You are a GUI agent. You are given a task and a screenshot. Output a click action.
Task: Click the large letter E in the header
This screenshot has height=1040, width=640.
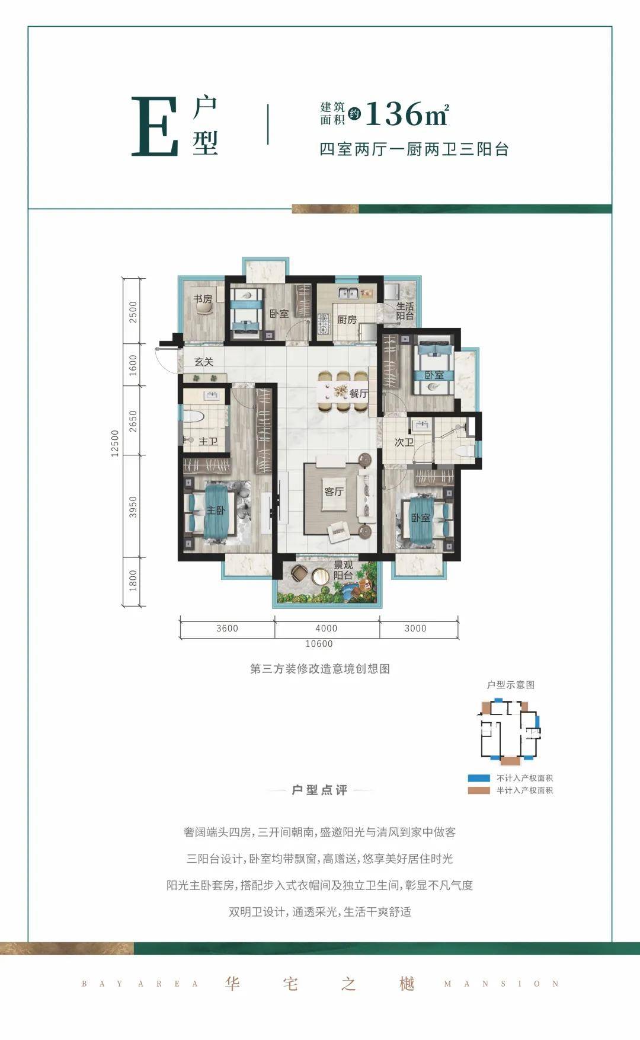[x=155, y=127]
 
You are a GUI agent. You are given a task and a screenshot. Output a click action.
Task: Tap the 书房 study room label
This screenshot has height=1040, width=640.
[x=203, y=299]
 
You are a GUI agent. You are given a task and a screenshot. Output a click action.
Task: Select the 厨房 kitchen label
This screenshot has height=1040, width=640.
[x=347, y=320]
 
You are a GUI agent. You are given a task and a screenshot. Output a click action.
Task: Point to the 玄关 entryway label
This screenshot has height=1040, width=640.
[x=204, y=362]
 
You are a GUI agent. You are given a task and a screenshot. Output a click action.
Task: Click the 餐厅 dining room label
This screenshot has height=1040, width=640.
[x=359, y=393]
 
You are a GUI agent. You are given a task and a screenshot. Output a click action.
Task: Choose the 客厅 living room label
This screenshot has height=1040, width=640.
[x=334, y=492]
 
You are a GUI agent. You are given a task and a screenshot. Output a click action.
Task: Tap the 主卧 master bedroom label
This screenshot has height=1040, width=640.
[x=215, y=510]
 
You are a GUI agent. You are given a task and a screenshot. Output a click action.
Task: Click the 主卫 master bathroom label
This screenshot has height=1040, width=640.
[x=208, y=442]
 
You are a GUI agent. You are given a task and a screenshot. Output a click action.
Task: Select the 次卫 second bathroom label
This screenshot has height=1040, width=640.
[x=404, y=442]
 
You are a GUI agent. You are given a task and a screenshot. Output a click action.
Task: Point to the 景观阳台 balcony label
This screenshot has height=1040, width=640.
[x=343, y=570]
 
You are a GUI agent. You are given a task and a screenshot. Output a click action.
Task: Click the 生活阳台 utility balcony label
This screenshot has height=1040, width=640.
[x=405, y=311]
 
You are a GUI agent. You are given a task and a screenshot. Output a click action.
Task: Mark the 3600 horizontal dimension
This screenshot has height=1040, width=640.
[x=227, y=629]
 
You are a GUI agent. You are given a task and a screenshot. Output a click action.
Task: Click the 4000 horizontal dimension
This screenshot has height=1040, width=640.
[x=326, y=629]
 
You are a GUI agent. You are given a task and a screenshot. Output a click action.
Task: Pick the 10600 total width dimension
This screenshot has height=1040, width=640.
[x=319, y=644]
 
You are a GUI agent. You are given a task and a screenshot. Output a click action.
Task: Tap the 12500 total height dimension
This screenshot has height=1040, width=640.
[x=116, y=442]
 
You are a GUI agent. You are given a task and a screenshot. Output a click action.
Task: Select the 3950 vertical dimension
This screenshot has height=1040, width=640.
[x=133, y=507]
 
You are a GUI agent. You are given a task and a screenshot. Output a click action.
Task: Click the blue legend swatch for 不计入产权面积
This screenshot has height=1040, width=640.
[x=479, y=778]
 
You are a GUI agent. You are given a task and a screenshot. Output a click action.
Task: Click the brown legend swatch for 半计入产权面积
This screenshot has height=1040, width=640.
[x=479, y=790]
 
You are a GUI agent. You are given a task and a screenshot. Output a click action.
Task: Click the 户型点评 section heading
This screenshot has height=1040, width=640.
[x=319, y=790]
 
